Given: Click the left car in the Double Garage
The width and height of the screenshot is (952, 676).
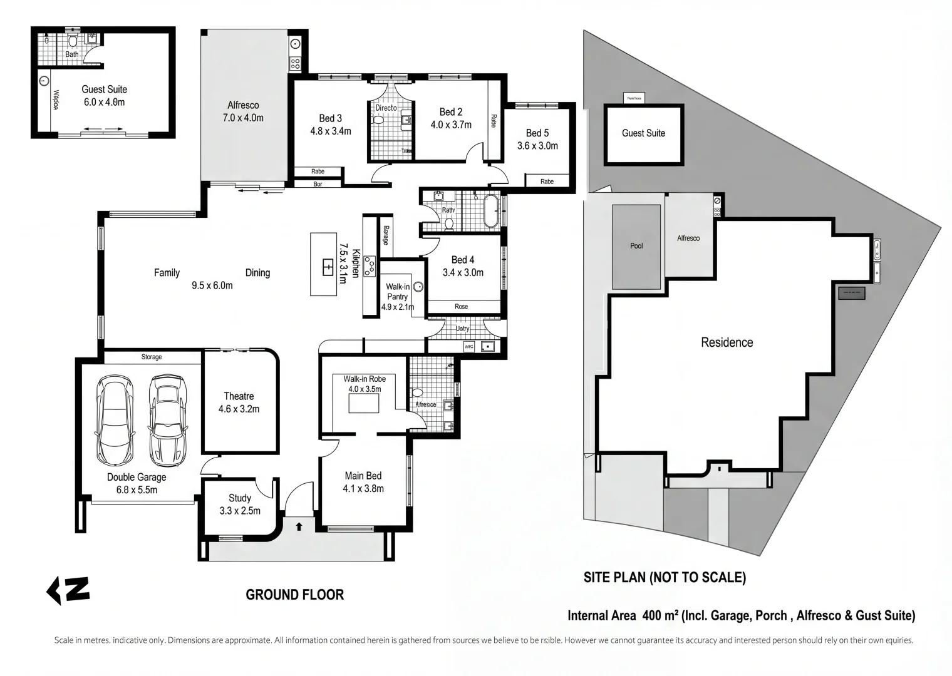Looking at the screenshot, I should point(114,421).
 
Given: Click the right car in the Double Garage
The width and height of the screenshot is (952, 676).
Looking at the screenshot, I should point(167,421).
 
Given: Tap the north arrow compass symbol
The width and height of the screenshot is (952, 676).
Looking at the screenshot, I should point(68,590).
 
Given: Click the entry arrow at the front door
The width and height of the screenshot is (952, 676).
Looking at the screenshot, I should point(299,526).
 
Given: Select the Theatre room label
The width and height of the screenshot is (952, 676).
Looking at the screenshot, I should point(239,396).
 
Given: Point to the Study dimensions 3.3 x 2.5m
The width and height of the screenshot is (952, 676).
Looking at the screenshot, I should point(240,511).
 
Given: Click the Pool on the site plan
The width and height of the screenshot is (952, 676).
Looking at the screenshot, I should point(636,247).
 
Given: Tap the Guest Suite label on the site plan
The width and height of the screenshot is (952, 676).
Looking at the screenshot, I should point(643,133).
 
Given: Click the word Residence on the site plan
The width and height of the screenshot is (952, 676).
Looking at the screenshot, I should point(727,342).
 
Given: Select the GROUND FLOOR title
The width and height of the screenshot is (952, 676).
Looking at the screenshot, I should point(294,595).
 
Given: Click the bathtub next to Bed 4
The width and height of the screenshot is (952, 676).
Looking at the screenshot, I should point(490,211).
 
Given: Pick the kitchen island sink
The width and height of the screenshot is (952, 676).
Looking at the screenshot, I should point(328,267).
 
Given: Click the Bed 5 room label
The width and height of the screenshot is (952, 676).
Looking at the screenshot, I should point(537,133).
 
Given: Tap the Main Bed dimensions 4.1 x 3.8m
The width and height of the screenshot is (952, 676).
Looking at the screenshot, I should point(363,489).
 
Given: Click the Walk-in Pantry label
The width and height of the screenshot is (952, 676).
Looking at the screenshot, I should point(398,292).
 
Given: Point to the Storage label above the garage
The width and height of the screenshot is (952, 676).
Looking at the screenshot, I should point(152,357).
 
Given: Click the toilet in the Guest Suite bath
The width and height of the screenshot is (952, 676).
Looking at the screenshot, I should point(73,41).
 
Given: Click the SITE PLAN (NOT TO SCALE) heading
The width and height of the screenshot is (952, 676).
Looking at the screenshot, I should point(665,578).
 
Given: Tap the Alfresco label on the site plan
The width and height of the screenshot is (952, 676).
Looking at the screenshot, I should point(688,238).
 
